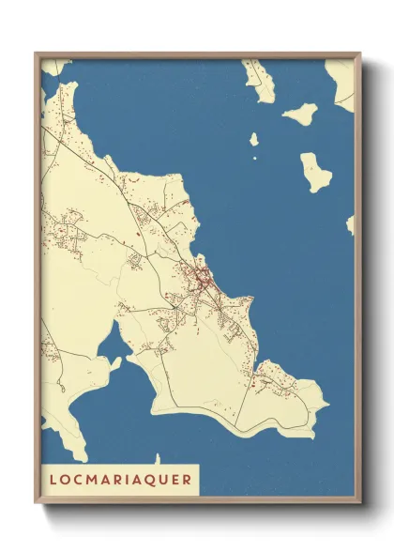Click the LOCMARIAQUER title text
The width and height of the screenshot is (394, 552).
(x=119, y=480)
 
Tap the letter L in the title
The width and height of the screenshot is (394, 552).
(x=53, y=480)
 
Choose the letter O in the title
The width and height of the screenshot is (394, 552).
(x=65, y=480)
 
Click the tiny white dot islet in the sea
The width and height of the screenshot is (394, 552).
(x=254, y=157)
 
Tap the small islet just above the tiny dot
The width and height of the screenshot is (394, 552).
(x=253, y=139)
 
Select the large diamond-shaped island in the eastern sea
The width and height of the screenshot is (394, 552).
(x=316, y=172)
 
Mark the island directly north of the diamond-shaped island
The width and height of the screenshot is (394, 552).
(x=300, y=115)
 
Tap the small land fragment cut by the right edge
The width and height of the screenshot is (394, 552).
(x=351, y=224)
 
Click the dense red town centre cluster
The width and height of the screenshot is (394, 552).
(x=203, y=278)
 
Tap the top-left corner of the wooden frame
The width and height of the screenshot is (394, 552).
(x=36, y=53)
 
